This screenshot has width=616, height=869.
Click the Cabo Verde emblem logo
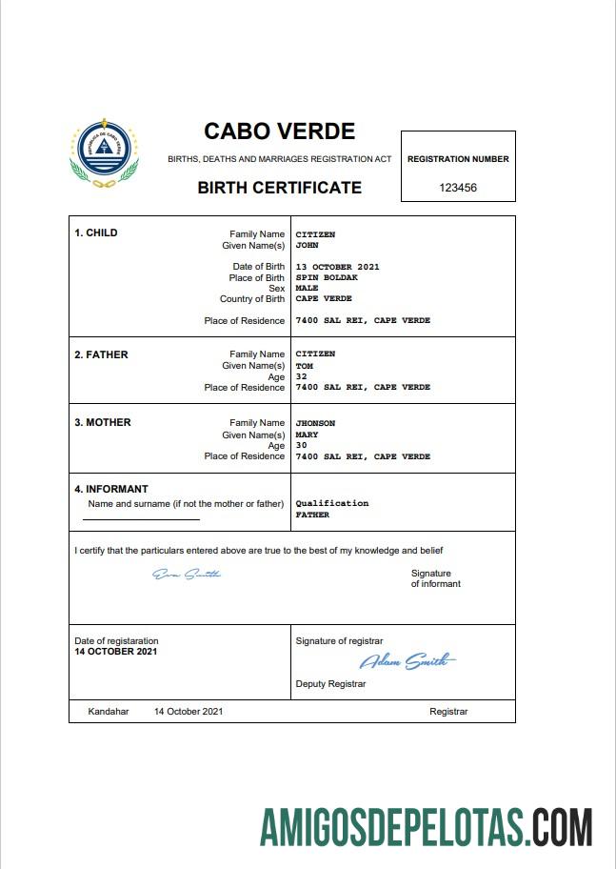tap(104, 155)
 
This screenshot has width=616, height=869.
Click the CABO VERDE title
tap(279, 131)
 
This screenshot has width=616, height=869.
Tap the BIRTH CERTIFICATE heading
tap(279, 188)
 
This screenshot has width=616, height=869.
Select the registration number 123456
tap(458, 188)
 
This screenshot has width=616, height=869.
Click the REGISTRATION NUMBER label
tap(458, 159)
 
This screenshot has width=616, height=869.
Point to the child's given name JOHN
tap(307, 246)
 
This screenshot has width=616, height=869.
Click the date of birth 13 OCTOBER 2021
tap(337, 267)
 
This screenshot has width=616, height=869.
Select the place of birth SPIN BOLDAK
tap(327, 277)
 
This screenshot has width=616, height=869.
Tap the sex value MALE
tap(307, 288)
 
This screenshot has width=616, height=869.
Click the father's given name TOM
tap(304, 366)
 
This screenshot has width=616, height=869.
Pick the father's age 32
tap(301, 376)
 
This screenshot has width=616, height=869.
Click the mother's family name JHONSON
tap(315, 423)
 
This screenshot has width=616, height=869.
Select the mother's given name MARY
tap(307, 434)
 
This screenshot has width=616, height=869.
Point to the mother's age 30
tap(301, 445)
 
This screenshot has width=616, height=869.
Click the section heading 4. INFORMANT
tap(111, 490)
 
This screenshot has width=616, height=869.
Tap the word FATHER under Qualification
tap(312, 515)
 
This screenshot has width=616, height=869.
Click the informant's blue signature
tap(187, 574)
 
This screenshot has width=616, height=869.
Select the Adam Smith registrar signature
tap(407, 661)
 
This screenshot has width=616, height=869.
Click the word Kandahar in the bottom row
tap(108, 712)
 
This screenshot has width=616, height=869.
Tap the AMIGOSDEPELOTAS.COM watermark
tap(427, 826)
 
